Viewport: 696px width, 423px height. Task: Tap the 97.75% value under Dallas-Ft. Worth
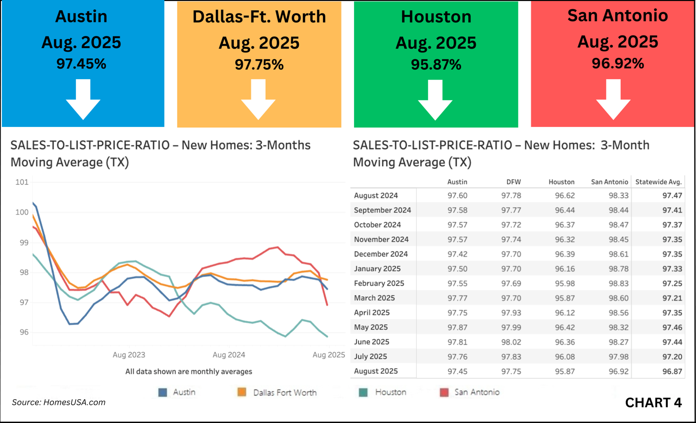click(259, 65)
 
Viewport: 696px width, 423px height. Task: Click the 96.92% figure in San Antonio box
click(618, 64)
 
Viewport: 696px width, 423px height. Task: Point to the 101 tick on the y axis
click(22, 182)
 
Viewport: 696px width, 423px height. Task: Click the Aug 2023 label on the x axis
click(129, 355)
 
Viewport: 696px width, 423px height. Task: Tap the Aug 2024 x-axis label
click(229, 355)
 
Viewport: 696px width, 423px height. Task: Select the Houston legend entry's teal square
click(363, 392)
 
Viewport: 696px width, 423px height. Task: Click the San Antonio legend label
click(477, 392)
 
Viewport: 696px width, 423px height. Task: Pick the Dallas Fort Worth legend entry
click(285, 393)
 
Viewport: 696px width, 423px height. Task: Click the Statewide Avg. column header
click(659, 182)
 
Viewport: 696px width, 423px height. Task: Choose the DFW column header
click(513, 182)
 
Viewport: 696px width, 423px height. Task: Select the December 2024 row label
click(381, 254)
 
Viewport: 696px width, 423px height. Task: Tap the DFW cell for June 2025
click(511, 342)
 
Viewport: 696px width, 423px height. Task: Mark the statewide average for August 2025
click(672, 371)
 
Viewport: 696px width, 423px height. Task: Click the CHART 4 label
click(653, 403)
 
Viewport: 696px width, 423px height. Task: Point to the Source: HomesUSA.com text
click(58, 402)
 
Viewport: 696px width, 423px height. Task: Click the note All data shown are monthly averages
click(189, 371)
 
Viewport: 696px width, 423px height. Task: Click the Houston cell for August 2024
click(565, 195)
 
